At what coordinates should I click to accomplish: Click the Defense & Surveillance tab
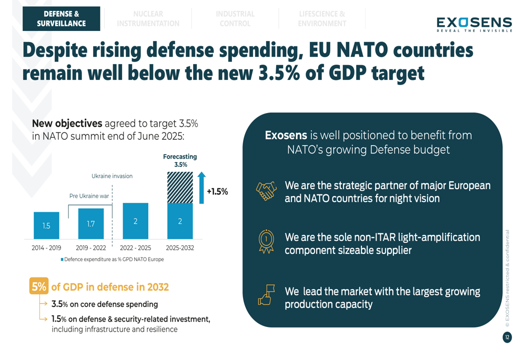point(61,18)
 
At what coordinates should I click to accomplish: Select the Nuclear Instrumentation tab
point(148,18)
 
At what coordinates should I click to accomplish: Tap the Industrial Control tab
point(235,18)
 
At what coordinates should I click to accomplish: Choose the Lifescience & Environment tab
point(322,18)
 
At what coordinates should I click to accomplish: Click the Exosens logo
point(473,24)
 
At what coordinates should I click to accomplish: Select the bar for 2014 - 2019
point(46,225)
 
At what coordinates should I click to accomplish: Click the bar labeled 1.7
point(91,224)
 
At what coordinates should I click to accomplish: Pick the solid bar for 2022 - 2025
point(135,221)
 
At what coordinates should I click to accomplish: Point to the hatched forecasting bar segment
point(180,187)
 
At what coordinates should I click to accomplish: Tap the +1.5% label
point(217,192)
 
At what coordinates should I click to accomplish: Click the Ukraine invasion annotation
point(112,176)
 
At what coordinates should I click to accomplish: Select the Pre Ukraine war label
point(89,196)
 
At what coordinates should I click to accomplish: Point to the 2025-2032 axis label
point(180,248)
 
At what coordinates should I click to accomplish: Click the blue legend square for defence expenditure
point(62,260)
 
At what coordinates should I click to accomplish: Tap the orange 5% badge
point(39,286)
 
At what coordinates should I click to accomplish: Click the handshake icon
point(266,191)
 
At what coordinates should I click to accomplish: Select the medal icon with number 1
point(266,241)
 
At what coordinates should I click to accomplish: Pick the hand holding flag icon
point(266,295)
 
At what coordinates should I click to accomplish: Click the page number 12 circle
point(507,337)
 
